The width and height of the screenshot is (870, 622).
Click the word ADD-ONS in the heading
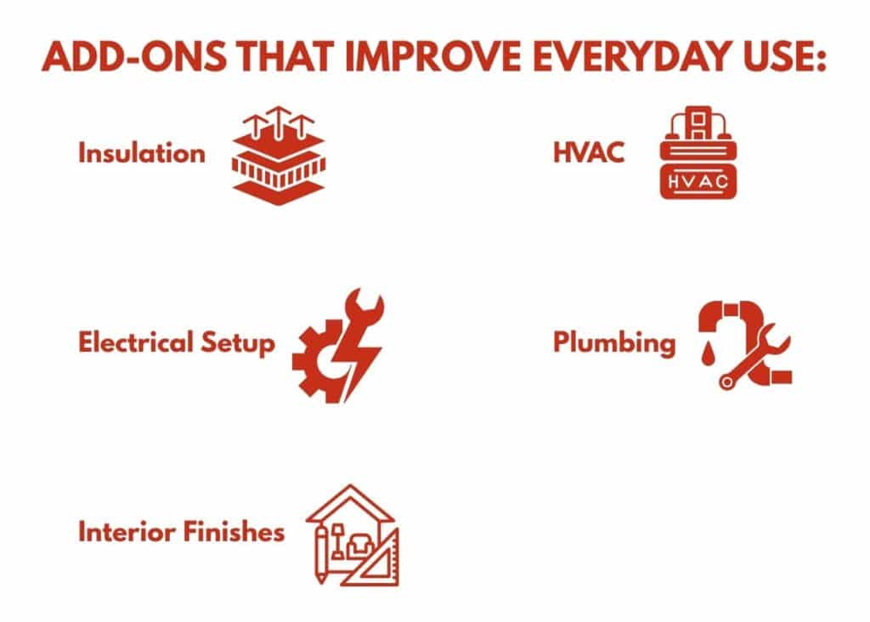pyautogui.click(x=133, y=56)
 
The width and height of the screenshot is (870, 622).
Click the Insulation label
pyautogui.click(x=142, y=153)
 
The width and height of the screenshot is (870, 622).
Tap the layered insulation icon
pyautogui.click(x=279, y=155)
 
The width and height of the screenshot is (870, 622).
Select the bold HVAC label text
pyautogui.click(x=589, y=152)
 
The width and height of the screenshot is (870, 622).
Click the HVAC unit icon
pyautogui.click(x=698, y=153)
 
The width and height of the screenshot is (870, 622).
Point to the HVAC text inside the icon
pyautogui.click(x=698, y=182)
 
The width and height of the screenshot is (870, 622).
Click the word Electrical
pyautogui.click(x=135, y=342)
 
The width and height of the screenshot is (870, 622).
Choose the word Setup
pyautogui.click(x=238, y=344)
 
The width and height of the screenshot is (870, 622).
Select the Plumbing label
pyautogui.click(x=614, y=343)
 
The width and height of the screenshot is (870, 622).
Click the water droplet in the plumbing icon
pyautogui.click(x=707, y=354)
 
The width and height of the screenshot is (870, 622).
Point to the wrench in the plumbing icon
pyautogui.click(x=754, y=357)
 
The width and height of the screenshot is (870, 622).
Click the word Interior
pyautogui.click(x=126, y=532)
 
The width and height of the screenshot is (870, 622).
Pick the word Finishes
pyautogui.click(x=233, y=532)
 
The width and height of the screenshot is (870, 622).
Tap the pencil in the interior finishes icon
pyautogui.click(x=320, y=555)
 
